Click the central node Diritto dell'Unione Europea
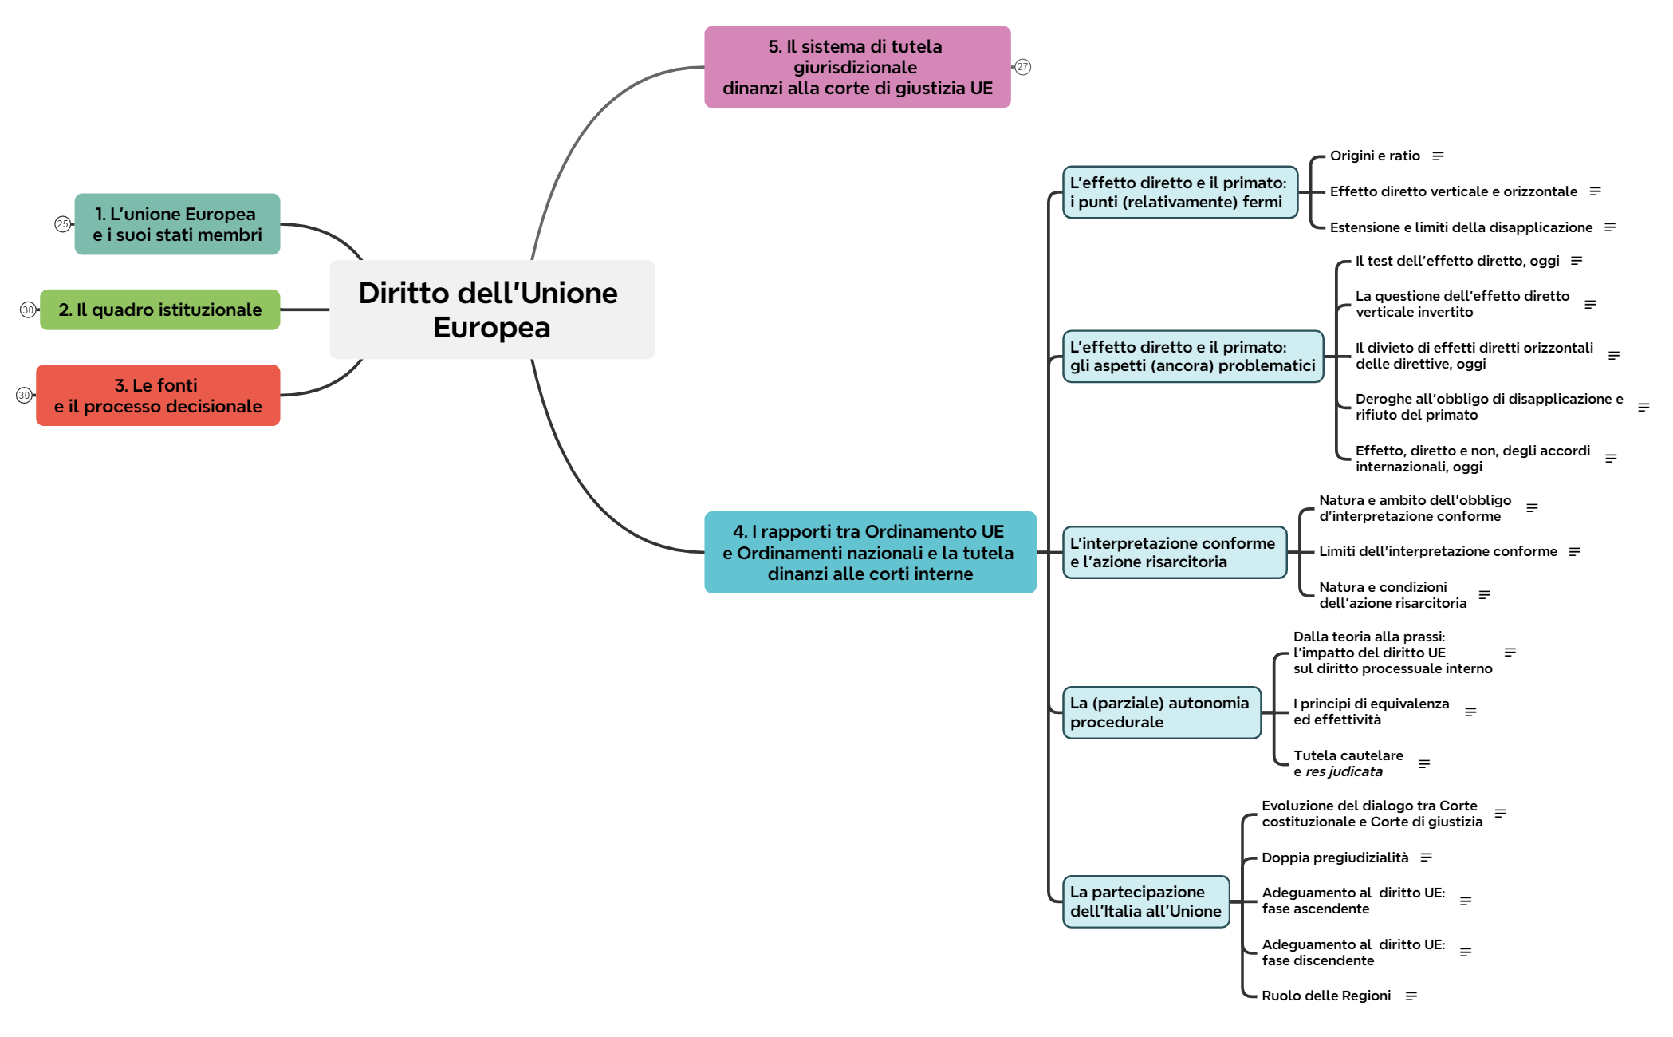[x=491, y=310]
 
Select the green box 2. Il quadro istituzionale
[x=159, y=310]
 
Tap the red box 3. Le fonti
[x=158, y=396]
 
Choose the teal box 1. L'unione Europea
[x=177, y=224]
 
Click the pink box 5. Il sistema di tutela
[x=857, y=67]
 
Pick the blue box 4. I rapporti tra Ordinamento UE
[x=869, y=552]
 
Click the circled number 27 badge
[x=1023, y=67]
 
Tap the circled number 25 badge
[x=62, y=224]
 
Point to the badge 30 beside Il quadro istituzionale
[x=28, y=310]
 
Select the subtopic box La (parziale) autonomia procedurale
[x=1161, y=712]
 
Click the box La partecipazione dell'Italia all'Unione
[x=1145, y=901]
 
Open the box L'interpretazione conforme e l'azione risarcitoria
[x=1174, y=552]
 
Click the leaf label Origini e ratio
[x=1375, y=156]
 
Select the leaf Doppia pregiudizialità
[x=1335, y=858]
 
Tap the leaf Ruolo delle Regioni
[x=1326, y=996]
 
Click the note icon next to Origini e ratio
[x=1438, y=156]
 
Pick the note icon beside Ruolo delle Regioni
[x=1411, y=996]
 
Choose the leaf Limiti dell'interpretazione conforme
[x=1438, y=551]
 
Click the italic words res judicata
[x=1344, y=771]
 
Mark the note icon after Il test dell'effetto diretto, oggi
[x=1577, y=261]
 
